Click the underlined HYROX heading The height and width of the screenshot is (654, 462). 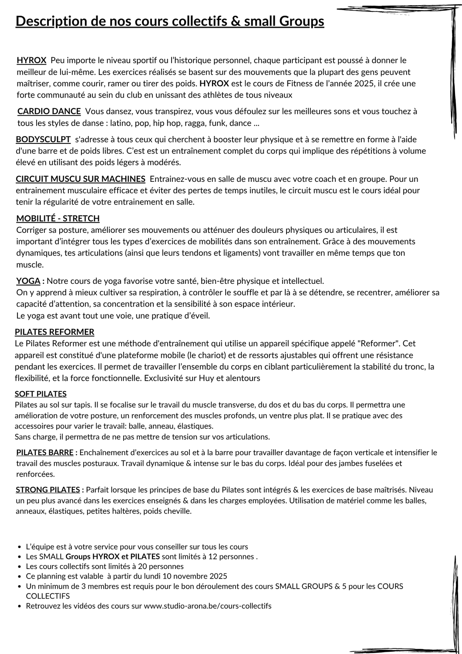(31, 60)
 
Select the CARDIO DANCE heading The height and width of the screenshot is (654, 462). (49, 111)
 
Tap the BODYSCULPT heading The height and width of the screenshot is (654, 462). (43, 140)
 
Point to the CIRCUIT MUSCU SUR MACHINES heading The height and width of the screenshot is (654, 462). (81, 179)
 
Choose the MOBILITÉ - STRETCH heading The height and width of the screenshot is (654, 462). (58, 218)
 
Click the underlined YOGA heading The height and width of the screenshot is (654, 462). (28, 281)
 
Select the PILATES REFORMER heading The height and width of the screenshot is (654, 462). (54, 332)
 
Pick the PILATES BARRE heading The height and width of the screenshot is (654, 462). (45, 452)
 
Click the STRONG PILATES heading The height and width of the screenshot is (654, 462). (47, 490)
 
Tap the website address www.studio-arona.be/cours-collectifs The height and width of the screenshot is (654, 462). (207, 606)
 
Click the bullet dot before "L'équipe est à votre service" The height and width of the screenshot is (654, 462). (20, 547)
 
